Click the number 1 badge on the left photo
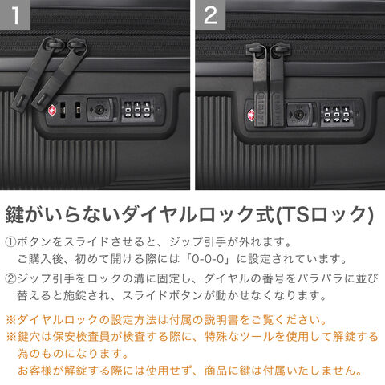tap(15, 14)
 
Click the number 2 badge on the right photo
tap(210, 14)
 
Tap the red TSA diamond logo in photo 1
tap(51, 110)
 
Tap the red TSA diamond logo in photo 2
tap(251, 115)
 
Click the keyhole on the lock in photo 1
tap(99, 109)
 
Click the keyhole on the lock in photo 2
tap(298, 115)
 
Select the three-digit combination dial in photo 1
tap(137, 110)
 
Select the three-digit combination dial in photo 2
tap(336, 115)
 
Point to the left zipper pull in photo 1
tap(34, 73)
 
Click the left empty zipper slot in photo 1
tap(63, 110)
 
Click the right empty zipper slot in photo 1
tap(78, 110)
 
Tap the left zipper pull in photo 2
tap(259, 86)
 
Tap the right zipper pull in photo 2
tap(277, 85)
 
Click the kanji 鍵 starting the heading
tap(15, 214)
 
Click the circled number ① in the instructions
tap(10, 242)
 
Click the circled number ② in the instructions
tap(10, 279)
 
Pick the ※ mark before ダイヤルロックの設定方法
tap(11, 320)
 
